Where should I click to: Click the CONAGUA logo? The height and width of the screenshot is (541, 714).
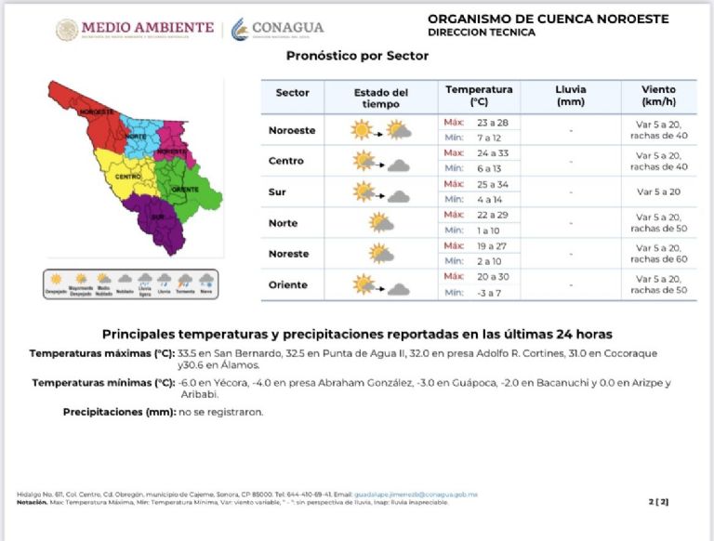pyautogui.click(x=278, y=29)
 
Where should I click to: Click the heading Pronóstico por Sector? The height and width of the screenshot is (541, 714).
pyautogui.click(x=358, y=56)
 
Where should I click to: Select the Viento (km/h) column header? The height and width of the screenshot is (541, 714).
pyautogui.click(x=658, y=96)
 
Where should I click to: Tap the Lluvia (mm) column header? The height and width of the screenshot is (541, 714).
pyautogui.click(x=570, y=96)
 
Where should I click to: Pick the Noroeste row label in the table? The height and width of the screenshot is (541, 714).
pyautogui.click(x=292, y=130)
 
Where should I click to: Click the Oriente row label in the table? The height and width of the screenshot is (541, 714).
pyautogui.click(x=287, y=284)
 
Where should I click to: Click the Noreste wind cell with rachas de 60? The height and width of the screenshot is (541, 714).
pyautogui.click(x=658, y=254)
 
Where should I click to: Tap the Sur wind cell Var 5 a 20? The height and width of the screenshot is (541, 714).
pyautogui.click(x=658, y=191)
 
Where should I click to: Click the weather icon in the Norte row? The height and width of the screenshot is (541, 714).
pyautogui.click(x=380, y=223)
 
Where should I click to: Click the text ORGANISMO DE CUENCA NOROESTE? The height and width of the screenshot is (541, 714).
pyautogui.click(x=548, y=19)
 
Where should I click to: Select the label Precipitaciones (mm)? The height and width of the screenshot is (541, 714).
pyautogui.click(x=119, y=411)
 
